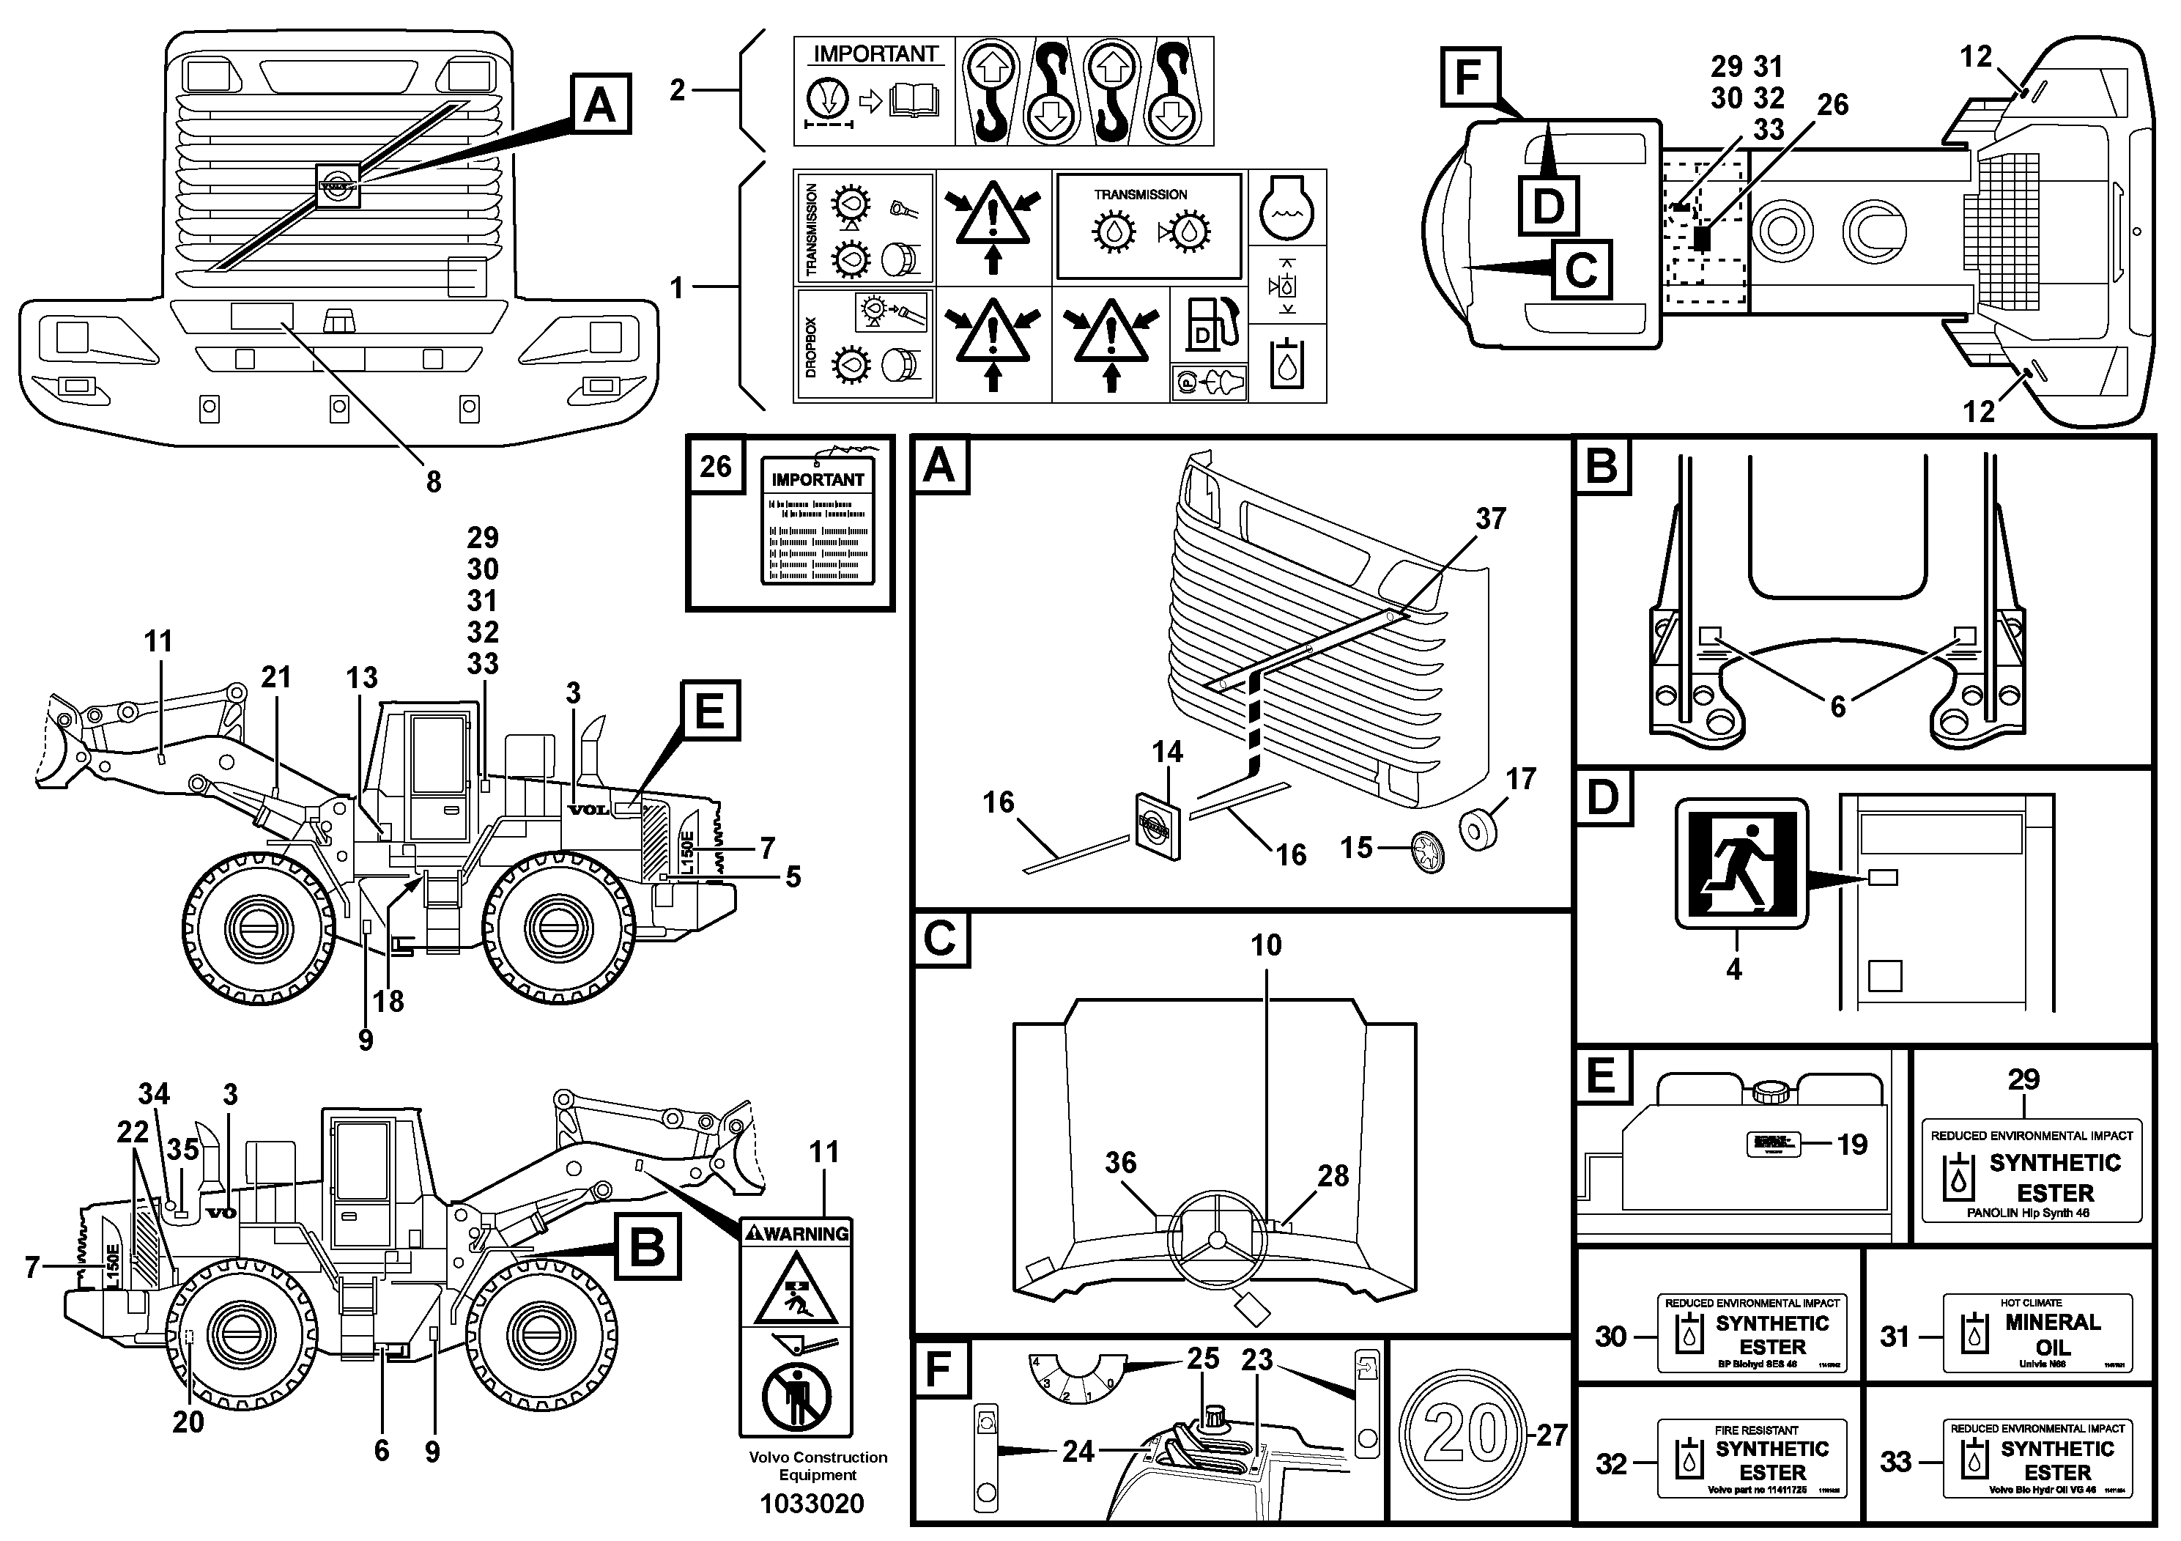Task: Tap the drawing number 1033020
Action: coord(812,1504)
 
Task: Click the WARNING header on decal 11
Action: coord(796,1233)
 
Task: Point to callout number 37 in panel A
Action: coord(1490,519)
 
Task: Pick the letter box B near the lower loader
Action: coord(647,1246)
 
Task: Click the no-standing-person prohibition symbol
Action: coord(796,1396)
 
